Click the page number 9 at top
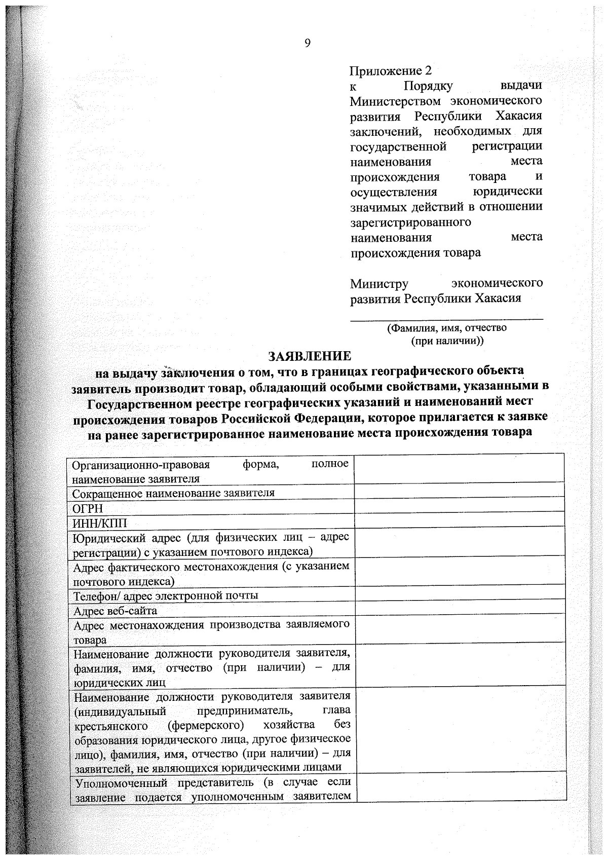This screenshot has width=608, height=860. [307, 43]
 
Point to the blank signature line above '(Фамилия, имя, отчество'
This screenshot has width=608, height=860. [446, 319]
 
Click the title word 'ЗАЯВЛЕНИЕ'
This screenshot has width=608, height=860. [310, 356]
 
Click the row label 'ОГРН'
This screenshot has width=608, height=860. [88, 508]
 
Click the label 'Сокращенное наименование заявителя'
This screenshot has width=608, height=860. [173, 493]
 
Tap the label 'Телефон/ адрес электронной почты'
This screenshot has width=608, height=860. [166, 595]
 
